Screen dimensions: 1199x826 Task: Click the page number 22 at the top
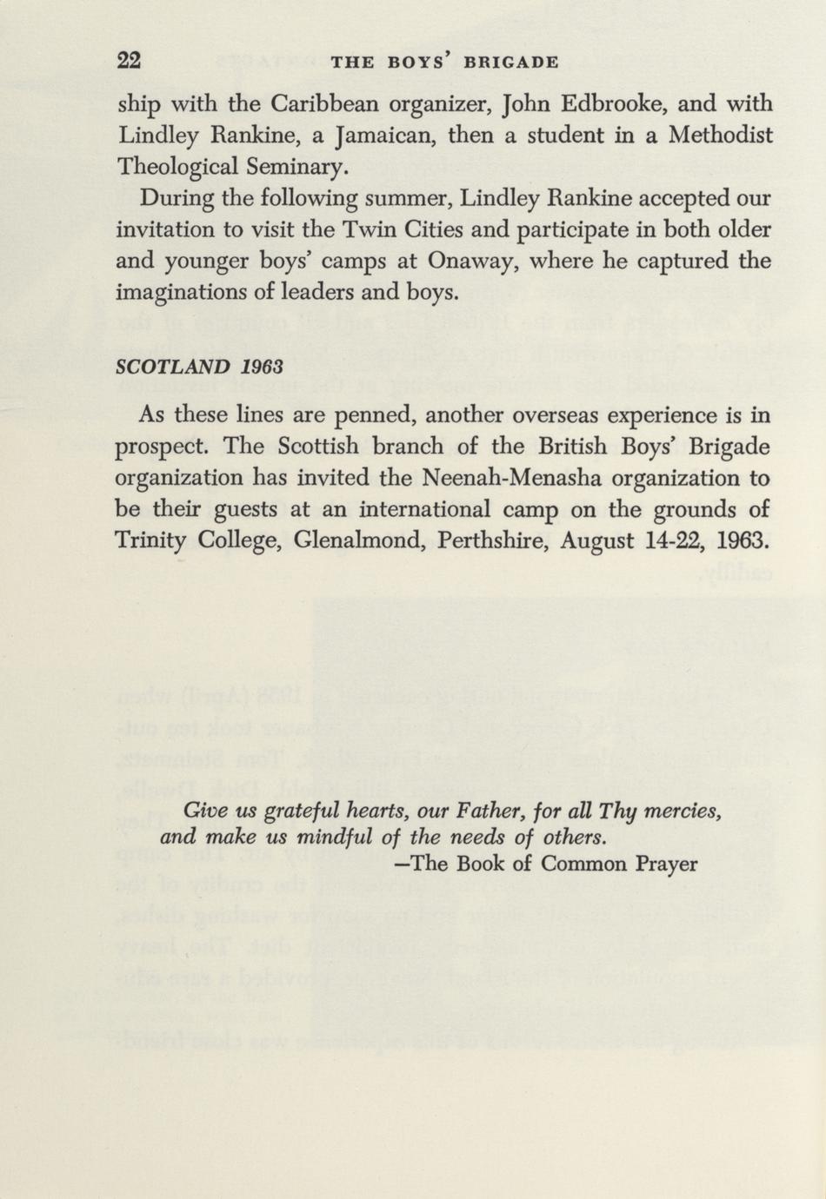[130, 60]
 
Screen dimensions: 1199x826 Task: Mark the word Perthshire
[485, 540]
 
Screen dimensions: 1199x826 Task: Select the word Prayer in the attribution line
[665, 864]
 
